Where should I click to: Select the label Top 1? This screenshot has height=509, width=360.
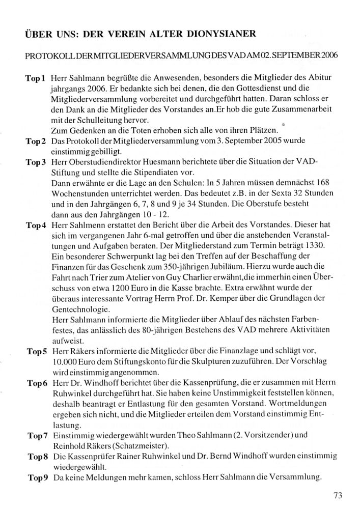click(x=36, y=79)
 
